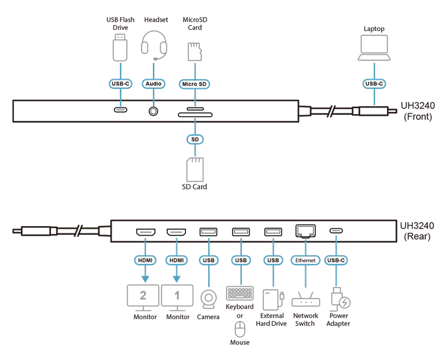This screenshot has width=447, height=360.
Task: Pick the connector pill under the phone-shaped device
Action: point(121,84)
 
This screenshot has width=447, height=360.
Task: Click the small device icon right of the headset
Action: point(193,50)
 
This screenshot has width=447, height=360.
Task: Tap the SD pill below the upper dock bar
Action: point(193,139)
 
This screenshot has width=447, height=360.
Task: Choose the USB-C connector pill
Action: point(338,260)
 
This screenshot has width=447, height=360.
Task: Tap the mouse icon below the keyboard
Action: point(240,329)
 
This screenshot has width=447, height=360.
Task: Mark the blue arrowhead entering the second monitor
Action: point(176,278)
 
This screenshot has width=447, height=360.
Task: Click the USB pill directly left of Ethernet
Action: point(273,260)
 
